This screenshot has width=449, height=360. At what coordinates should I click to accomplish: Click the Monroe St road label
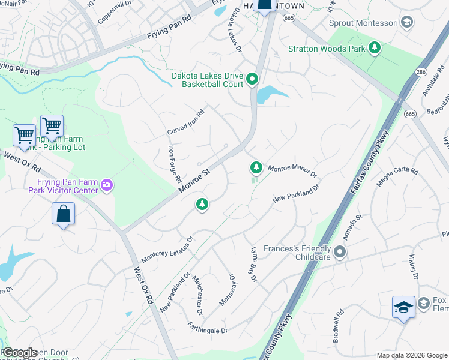pos(194,181)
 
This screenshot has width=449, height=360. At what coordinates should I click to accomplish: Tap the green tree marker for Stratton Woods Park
pos(375,47)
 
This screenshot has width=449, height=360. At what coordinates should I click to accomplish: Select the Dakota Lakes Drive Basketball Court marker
pos(253,79)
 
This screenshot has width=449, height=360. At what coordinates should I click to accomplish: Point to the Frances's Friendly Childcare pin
pos(340,252)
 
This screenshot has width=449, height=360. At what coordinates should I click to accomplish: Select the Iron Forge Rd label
pos(175,163)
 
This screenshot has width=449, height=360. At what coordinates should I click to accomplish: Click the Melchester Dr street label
pos(199,295)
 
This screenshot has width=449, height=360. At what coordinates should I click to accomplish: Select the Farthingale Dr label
pos(207,331)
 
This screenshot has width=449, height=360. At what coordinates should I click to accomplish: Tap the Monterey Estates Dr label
pos(167,249)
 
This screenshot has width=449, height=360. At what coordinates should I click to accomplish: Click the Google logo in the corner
pos(20,353)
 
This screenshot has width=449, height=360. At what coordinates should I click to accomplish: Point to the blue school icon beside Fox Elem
pos(403,307)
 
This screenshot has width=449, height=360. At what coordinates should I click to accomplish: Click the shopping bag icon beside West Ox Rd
pos(64,214)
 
